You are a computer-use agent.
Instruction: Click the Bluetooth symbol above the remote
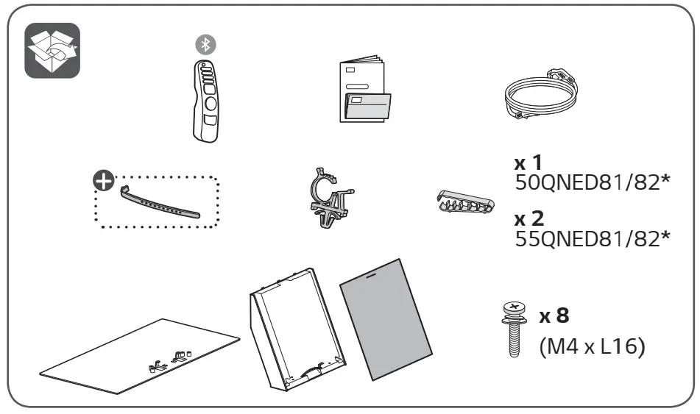(x=207, y=43)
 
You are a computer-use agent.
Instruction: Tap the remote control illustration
(x=205, y=99)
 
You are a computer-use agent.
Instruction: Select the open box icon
(x=52, y=51)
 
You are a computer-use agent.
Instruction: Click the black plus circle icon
(x=103, y=179)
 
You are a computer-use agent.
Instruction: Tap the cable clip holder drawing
(x=329, y=199)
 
